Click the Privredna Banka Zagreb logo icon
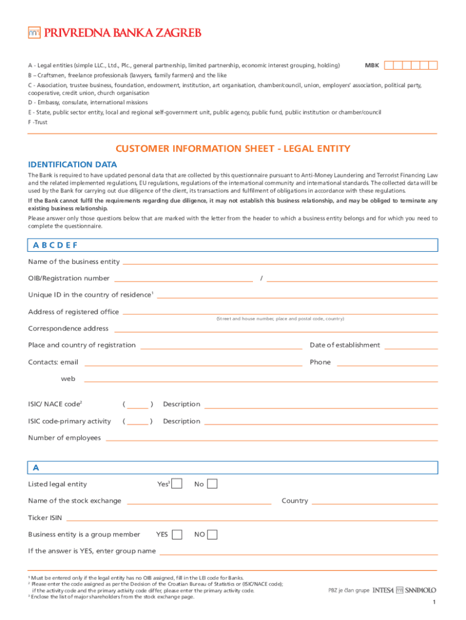(x=34, y=32)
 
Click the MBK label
(x=372, y=65)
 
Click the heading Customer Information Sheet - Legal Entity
(x=233, y=149)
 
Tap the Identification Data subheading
(x=73, y=165)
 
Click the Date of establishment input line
(x=410, y=347)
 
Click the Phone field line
(x=387, y=364)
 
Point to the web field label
(x=68, y=378)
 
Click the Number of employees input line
(x=271, y=438)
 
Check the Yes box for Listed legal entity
(x=177, y=484)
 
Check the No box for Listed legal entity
(x=212, y=484)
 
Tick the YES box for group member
(x=177, y=535)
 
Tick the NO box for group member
(x=212, y=535)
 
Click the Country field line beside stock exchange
(x=375, y=503)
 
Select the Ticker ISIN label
(x=45, y=518)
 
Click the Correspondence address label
(x=68, y=329)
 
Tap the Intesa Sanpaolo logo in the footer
(x=404, y=590)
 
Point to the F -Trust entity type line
(x=38, y=122)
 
